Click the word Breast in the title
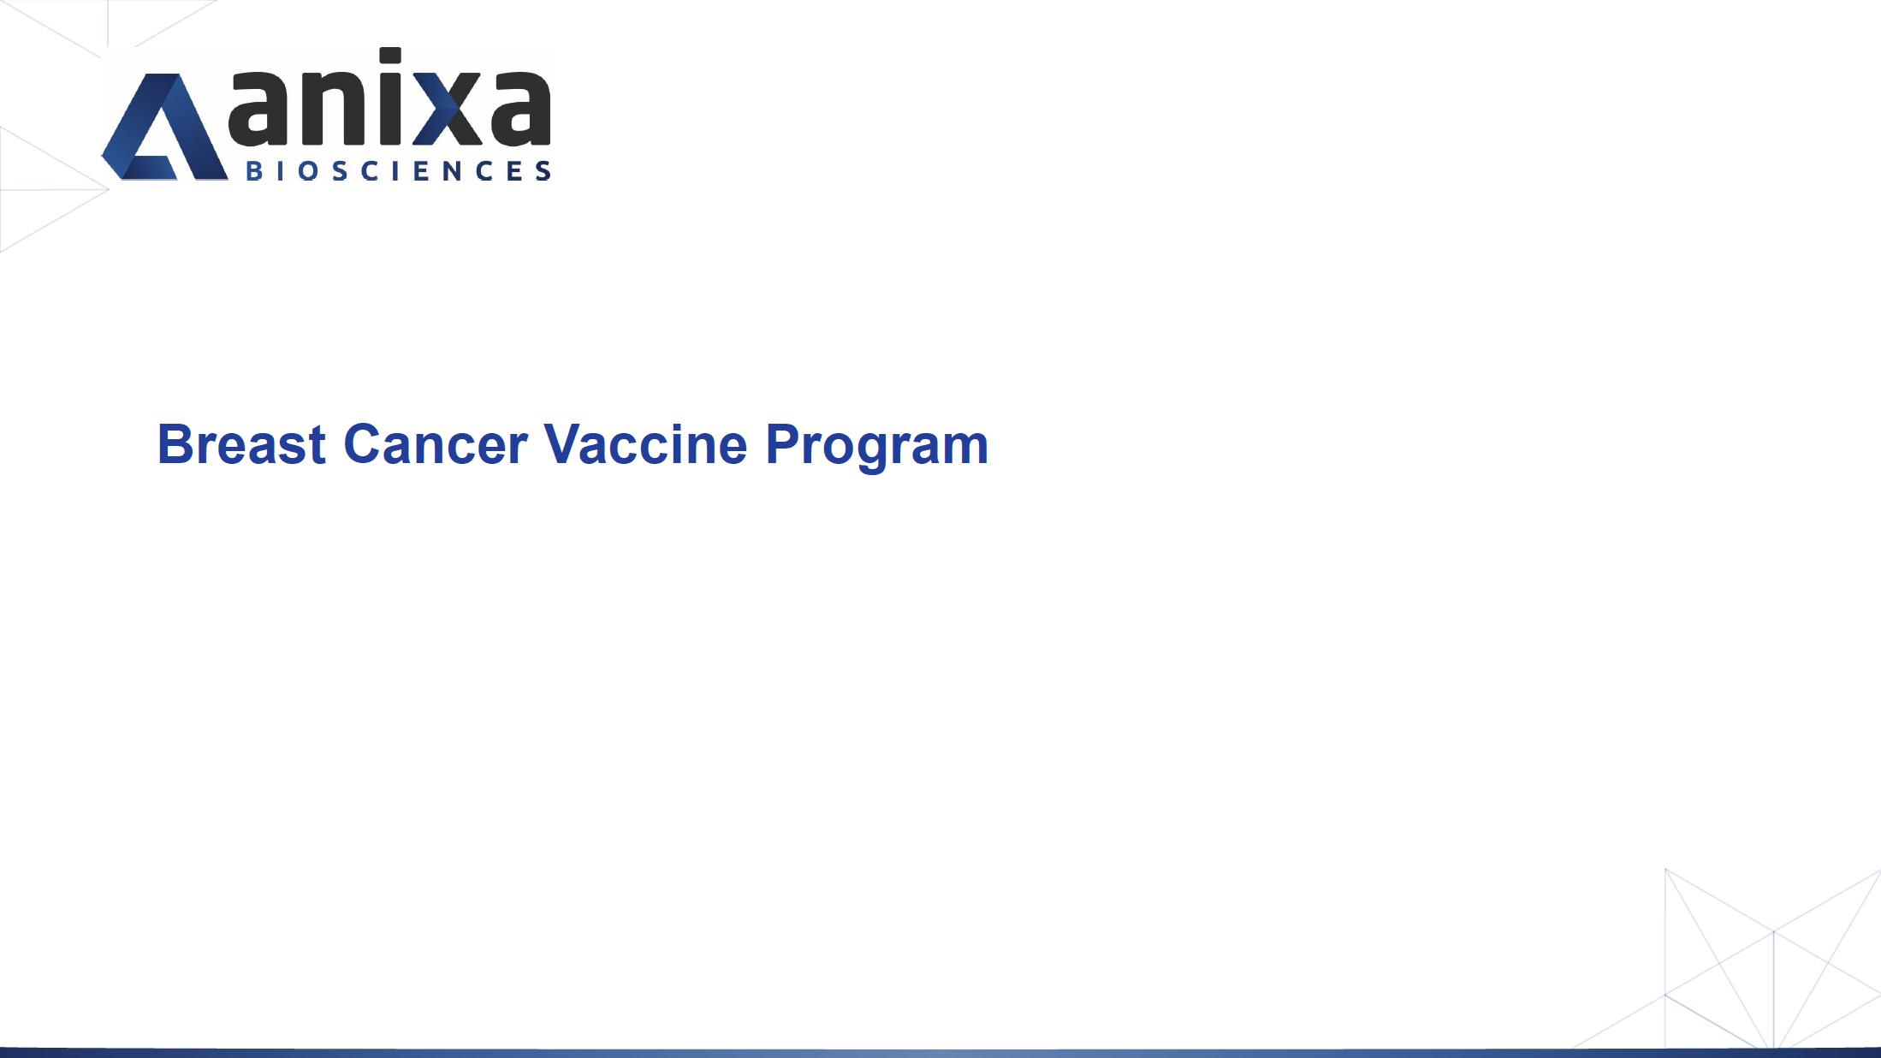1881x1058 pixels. (x=241, y=444)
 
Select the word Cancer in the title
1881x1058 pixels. (x=435, y=444)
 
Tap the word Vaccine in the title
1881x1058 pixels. (x=645, y=444)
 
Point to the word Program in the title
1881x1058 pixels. (x=876, y=446)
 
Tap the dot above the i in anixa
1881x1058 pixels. (x=390, y=56)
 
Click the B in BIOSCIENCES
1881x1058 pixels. (x=254, y=170)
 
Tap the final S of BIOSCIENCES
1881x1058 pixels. (x=543, y=170)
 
